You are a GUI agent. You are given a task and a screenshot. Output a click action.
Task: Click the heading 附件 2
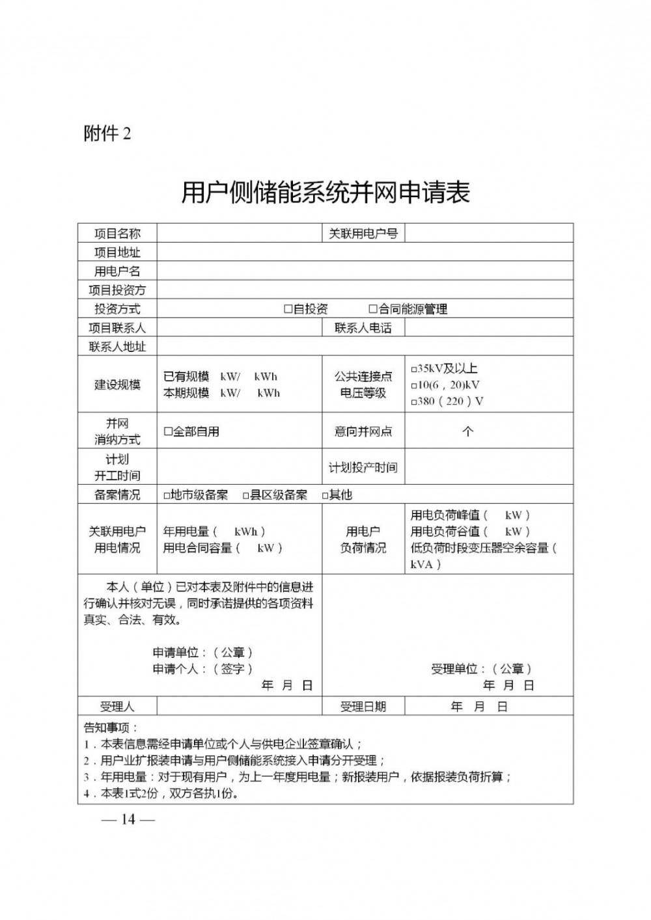107,133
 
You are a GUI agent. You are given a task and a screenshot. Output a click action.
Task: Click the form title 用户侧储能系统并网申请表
325,193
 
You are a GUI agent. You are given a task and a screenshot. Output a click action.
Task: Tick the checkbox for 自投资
288,309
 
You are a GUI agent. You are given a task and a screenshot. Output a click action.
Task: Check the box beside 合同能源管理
373,309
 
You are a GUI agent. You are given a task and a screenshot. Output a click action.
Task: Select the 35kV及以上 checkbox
414,369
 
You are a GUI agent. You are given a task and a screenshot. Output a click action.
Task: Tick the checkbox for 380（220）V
414,402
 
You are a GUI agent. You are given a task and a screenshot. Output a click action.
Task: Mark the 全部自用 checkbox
167,431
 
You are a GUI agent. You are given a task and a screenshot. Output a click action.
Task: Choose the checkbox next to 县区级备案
246,495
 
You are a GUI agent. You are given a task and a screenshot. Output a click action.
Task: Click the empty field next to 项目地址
365,252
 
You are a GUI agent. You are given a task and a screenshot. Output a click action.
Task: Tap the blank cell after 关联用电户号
488,234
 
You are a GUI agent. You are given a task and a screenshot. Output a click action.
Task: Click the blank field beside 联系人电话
488,328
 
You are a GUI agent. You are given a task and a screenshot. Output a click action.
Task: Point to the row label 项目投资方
117,290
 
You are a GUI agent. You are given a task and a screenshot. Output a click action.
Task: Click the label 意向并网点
363,431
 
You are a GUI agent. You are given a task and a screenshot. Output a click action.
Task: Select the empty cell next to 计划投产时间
488,467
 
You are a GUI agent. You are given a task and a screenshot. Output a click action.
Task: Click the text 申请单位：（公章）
202,652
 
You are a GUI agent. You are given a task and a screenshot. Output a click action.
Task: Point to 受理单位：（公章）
482,668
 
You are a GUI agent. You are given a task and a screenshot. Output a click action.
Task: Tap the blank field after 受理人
239,706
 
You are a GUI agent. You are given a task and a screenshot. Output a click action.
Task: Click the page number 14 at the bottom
128,819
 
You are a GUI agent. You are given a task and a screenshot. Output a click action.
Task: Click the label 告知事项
111,727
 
